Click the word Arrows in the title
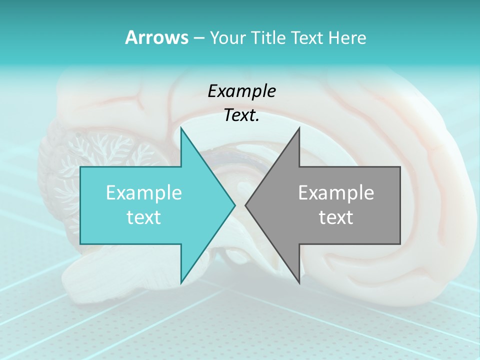(x=156, y=37)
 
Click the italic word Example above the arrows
(x=241, y=91)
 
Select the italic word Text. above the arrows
(x=241, y=115)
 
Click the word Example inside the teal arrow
(x=144, y=193)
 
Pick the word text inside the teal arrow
(x=144, y=217)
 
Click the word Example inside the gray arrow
(x=336, y=193)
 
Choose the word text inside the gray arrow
(x=336, y=217)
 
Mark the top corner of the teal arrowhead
(x=181, y=128)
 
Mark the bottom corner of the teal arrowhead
(x=181, y=282)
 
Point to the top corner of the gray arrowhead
(x=299, y=128)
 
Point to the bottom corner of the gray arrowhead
(x=299, y=282)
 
